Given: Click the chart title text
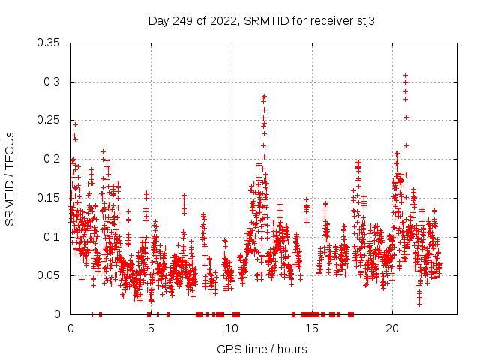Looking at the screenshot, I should coord(261,21).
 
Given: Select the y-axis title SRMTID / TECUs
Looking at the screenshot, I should coord(10,178).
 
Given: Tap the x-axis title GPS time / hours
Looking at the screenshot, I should coord(261,349).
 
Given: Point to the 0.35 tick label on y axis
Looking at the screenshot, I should coord(49,43).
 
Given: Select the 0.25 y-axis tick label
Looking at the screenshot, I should coord(49,120).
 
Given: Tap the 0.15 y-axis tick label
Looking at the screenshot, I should coord(49,198).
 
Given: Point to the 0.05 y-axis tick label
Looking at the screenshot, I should coord(49,275).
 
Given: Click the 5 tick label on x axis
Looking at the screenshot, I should coord(151,328).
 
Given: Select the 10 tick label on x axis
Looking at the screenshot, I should coord(232,328).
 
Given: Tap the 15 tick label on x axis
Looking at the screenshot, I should coord(312,328).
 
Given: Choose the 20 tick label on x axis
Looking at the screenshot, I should coord(392,328).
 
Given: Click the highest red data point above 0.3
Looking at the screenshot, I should coord(406,75).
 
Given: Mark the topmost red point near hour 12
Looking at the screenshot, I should coord(264,96).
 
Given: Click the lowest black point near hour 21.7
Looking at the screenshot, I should coord(419,303).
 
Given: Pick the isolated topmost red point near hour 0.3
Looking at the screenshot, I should coord(75,124).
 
